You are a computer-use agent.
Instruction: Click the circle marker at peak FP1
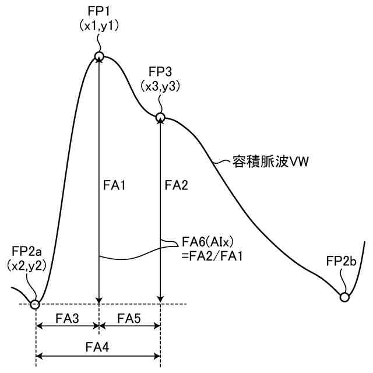click(100, 57)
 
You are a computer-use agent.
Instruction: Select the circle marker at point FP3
click(160, 118)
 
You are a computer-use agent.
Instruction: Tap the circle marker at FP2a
click(36, 304)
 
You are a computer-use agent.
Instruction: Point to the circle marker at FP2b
click(344, 297)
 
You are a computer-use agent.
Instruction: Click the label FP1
click(100, 11)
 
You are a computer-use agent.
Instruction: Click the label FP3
click(160, 72)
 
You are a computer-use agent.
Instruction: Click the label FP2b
click(342, 261)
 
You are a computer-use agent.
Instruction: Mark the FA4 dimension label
click(98, 347)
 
